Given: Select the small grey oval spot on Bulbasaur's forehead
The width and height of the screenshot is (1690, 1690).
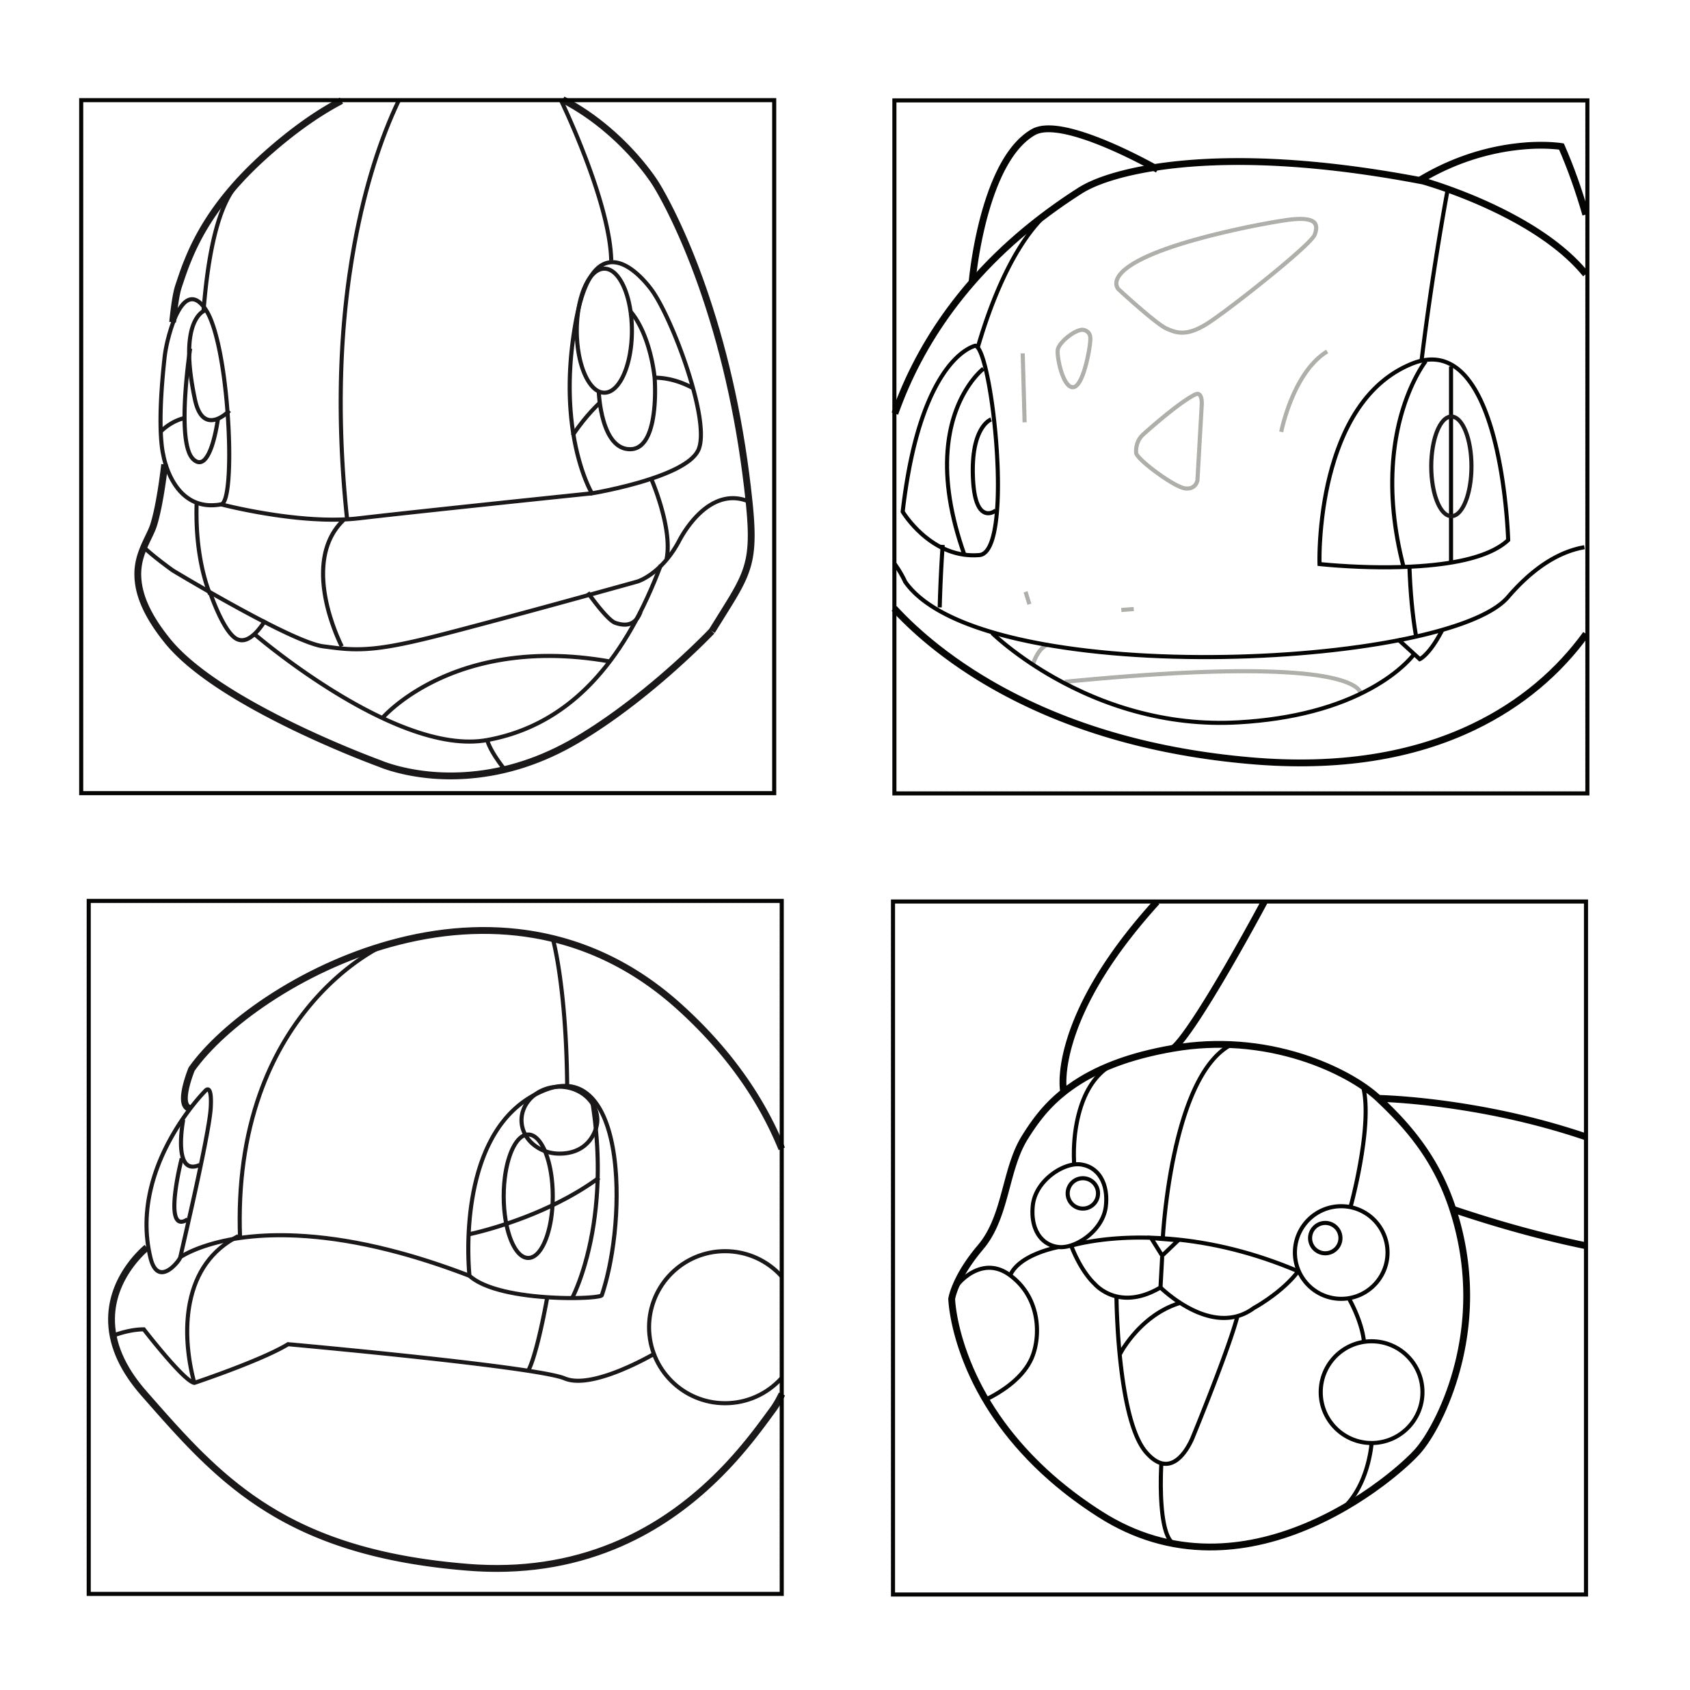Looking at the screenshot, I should point(1074,357).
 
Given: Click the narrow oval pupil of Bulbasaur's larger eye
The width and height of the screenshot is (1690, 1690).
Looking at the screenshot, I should point(1450,466).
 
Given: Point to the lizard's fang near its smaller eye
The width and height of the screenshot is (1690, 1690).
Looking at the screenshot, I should point(236,623).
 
